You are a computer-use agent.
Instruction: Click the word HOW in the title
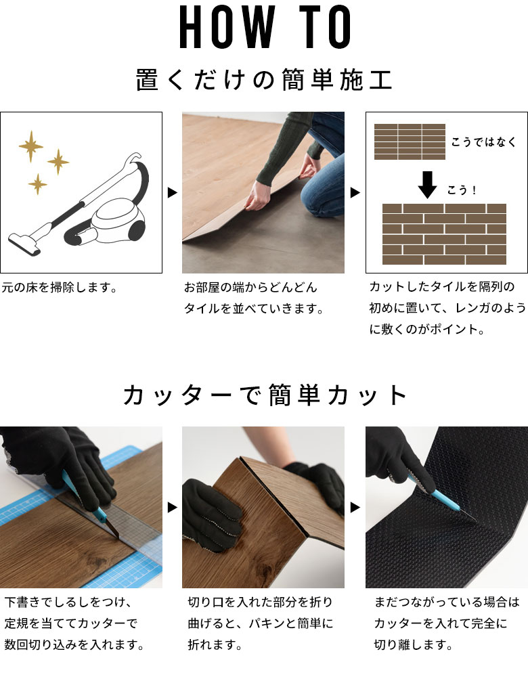click(227, 27)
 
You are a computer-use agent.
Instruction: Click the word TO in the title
click(325, 27)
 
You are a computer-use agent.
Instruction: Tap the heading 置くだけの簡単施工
click(264, 80)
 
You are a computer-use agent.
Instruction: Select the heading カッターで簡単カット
click(265, 395)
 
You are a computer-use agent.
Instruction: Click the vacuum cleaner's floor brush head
click(24, 242)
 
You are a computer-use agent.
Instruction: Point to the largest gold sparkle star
click(31, 146)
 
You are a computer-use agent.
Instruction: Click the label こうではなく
click(483, 141)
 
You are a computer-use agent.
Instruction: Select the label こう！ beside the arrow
click(462, 190)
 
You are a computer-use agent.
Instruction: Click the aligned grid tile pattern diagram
click(410, 141)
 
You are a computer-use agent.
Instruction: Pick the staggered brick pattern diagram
click(444, 234)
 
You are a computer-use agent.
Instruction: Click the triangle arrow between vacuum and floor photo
click(173, 192)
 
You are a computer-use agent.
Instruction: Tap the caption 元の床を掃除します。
click(60, 288)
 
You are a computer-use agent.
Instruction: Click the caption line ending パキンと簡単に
click(261, 623)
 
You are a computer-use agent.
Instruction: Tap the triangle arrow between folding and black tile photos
click(355, 507)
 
